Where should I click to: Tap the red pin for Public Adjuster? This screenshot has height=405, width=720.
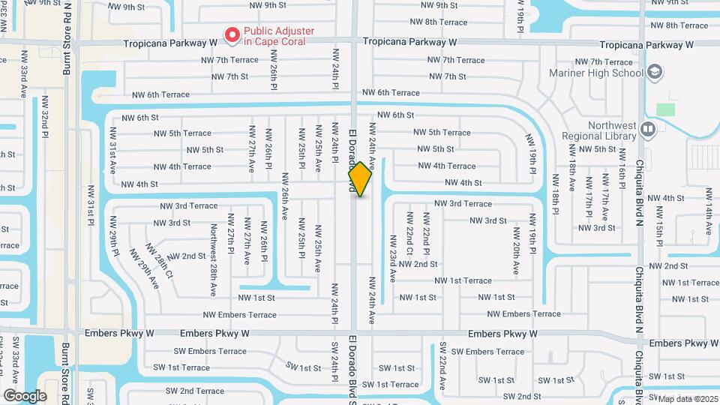tap(232, 34)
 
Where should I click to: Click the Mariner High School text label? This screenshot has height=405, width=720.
tap(596, 73)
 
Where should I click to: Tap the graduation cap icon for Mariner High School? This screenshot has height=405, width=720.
tap(654, 72)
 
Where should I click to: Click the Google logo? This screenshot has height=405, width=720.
tap(24, 395)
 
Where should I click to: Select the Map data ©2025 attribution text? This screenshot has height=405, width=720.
tap(688, 399)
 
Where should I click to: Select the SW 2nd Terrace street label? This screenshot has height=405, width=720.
tap(190, 391)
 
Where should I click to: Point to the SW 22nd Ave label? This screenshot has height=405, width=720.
tap(443, 367)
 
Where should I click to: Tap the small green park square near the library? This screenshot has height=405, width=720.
tap(665, 109)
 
